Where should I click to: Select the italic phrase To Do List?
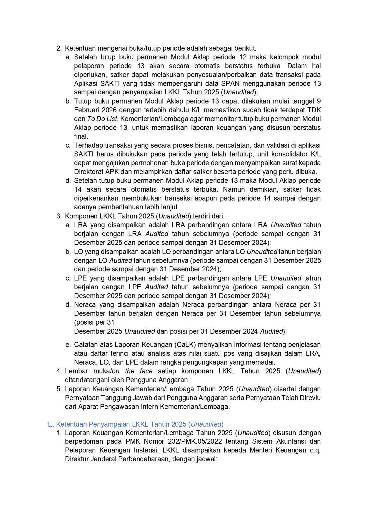(102, 119)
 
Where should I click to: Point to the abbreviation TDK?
(314, 110)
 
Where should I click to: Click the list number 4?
(59, 371)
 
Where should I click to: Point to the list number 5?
(59, 389)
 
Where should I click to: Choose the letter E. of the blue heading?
(51, 424)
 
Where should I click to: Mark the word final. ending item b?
(81, 136)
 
